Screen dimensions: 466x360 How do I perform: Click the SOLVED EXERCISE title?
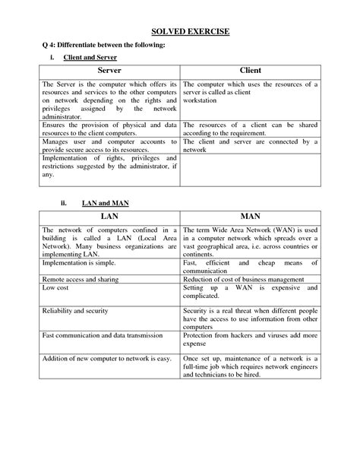tap(180, 33)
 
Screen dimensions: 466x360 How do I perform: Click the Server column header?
tap(109, 70)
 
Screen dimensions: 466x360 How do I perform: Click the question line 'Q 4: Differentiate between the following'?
tap(103, 45)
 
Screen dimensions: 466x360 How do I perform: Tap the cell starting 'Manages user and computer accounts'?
tap(109, 145)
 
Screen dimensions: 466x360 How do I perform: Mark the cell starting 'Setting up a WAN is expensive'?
tap(250, 293)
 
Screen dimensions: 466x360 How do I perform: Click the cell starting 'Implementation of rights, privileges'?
tap(109, 166)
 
